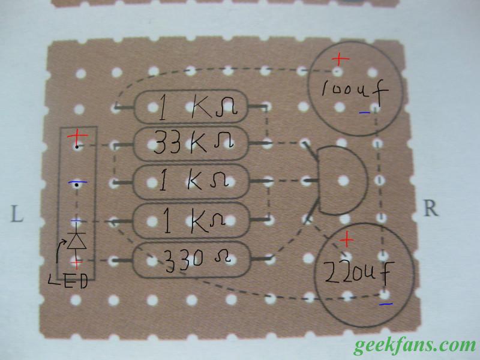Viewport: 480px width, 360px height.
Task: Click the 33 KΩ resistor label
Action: tap(193, 143)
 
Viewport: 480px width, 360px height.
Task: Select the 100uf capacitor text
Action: tap(355, 91)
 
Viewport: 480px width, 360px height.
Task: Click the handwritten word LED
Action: tap(68, 281)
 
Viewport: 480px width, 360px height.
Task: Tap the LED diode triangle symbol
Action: tap(77, 241)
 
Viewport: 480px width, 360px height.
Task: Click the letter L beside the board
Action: tap(17, 214)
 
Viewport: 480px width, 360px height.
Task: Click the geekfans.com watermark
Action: tap(415, 346)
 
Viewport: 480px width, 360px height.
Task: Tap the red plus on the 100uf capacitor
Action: tap(340, 59)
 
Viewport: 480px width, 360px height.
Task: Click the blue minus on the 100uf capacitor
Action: tap(364, 113)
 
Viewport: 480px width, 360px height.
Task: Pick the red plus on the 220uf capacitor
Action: tap(347, 239)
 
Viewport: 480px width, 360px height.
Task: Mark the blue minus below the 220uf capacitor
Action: tap(386, 304)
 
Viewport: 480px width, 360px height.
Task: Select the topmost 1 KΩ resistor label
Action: tap(198, 107)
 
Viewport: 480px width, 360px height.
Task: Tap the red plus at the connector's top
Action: tap(77, 137)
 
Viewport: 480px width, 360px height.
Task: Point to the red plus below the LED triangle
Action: tap(77, 263)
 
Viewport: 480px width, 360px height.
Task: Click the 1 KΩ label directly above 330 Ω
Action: tap(194, 220)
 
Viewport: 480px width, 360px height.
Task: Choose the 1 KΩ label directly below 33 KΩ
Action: tap(193, 181)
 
